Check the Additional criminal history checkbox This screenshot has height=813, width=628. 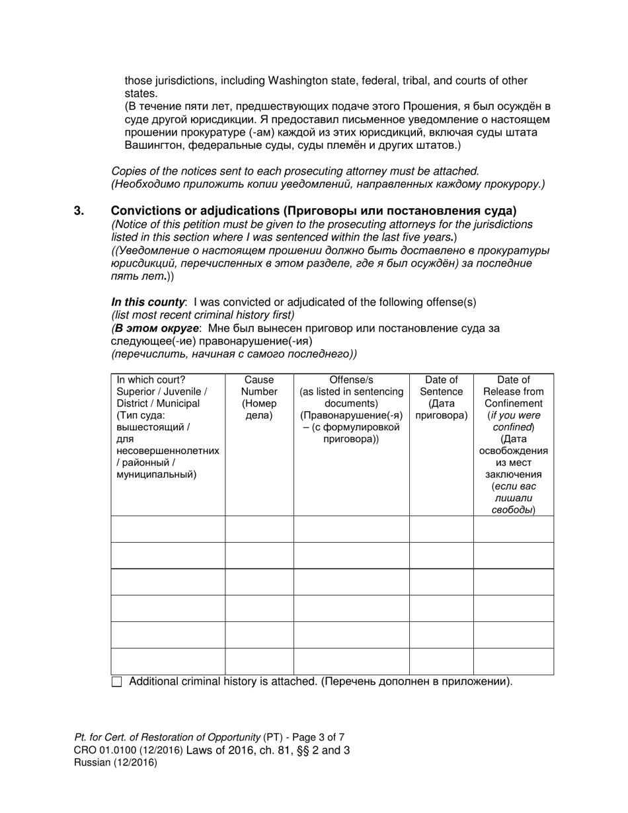[x=117, y=682]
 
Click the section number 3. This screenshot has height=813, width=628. [x=79, y=211]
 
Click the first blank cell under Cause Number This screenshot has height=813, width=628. [x=259, y=529]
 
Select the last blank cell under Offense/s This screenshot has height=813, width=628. [x=351, y=661]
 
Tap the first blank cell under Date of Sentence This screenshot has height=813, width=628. [x=441, y=529]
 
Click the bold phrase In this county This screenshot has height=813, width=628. [x=148, y=302]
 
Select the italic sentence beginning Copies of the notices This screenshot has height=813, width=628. [x=295, y=171]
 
